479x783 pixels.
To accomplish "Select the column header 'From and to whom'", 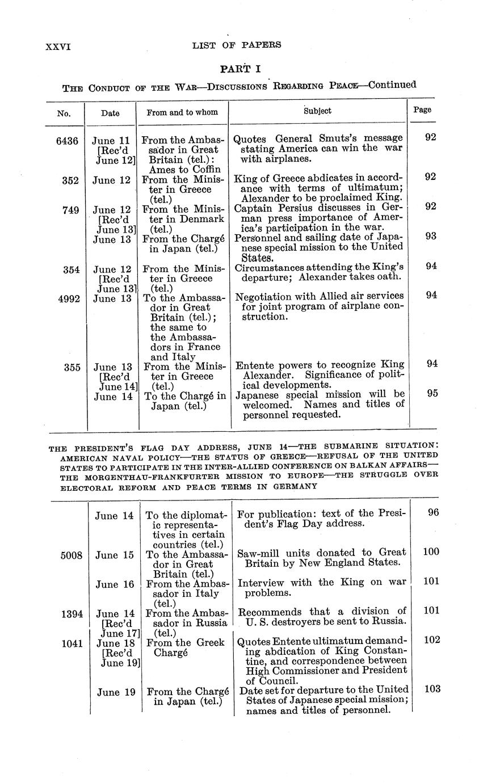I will pos(182,112).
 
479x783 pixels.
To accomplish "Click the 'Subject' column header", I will pos(317,111).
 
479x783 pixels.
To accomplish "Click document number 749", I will pos(71,209).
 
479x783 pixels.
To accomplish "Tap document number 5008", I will pos(72,555).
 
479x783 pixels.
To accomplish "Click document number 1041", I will pos(72,643).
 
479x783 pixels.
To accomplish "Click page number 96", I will pos(434,512).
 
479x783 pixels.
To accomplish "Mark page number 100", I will pos(431,552).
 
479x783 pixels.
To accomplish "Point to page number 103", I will pos(432,689).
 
